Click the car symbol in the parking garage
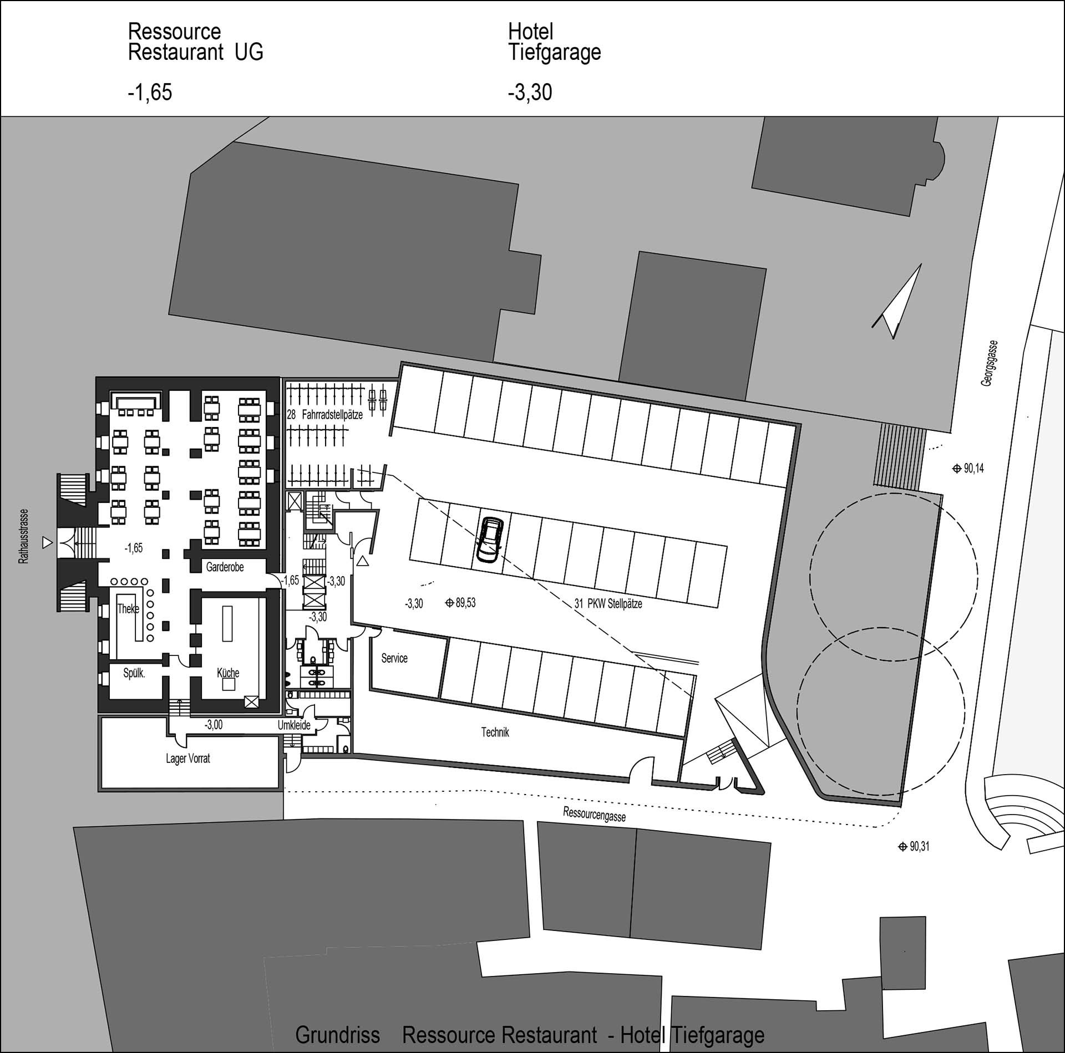point(490,540)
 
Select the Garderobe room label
point(225,567)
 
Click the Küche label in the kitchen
point(228,673)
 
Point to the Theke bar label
point(128,609)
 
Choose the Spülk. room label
point(134,674)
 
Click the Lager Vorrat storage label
point(188,759)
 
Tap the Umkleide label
point(294,725)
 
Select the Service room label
point(394,658)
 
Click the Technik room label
point(495,732)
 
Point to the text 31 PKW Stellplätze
point(608,604)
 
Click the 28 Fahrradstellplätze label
point(325,414)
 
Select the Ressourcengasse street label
point(594,814)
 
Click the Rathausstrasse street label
point(23,536)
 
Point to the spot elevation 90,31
point(914,847)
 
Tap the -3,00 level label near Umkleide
point(214,725)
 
